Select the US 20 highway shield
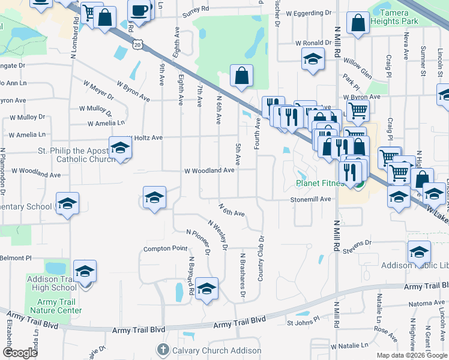pyautogui.click(x=139, y=44)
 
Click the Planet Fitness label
pyautogui.click(x=319, y=184)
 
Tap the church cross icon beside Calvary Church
pyautogui.click(x=163, y=350)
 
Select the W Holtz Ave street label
pyautogui.click(x=144, y=137)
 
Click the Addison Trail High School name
pyautogui.click(x=52, y=283)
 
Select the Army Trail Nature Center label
pyautogui.click(x=55, y=305)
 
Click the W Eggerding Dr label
pyautogui.click(x=309, y=13)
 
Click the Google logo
pyautogui.click(x=20, y=353)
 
